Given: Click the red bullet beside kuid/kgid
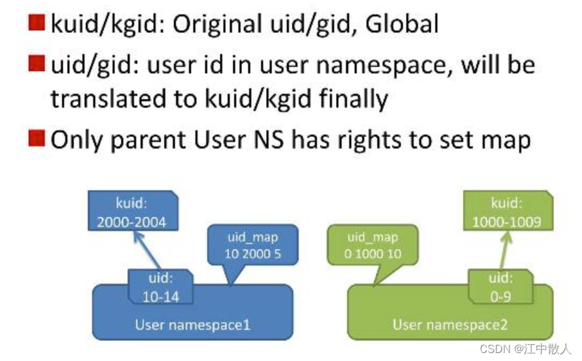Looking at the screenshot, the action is pyautogui.click(x=37, y=22).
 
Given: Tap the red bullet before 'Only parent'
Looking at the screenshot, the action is pyautogui.click(x=37, y=138).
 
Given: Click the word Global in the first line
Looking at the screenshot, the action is pyautogui.click(x=402, y=24).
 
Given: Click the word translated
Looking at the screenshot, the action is pyautogui.click(x=108, y=99).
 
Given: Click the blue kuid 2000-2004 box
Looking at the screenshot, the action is pyautogui.click(x=133, y=211).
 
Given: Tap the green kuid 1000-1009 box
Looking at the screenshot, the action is pyautogui.click(x=508, y=211).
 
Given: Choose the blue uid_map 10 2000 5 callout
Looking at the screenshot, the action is pyautogui.click(x=253, y=245).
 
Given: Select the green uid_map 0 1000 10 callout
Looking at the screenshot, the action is pyautogui.click(x=373, y=245).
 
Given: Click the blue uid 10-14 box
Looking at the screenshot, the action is pyautogui.click(x=161, y=287).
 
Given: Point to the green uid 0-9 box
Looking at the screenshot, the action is pyautogui.click(x=501, y=287).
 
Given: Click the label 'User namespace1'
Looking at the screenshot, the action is pyautogui.click(x=193, y=325).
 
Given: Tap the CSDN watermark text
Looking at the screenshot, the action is pyautogui.click(x=526, y=349).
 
